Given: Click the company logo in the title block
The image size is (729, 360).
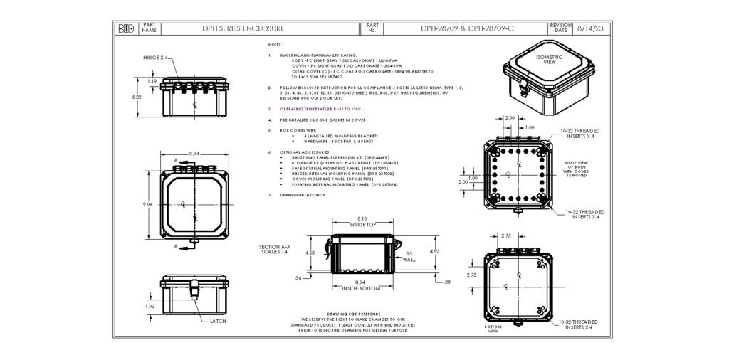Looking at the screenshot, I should tap(126, 29).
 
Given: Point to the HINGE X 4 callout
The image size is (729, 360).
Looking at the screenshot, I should tap(154, 57).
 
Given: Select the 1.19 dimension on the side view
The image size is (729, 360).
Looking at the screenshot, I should tap(152, 82).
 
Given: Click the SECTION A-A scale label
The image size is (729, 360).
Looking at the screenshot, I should tap(275, 249).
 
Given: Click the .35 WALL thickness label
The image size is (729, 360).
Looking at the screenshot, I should tap(408, 256).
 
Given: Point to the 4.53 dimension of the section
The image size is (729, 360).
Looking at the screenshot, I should tap(310, 252).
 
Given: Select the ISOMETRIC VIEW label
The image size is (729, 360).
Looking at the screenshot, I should tap(549, 59).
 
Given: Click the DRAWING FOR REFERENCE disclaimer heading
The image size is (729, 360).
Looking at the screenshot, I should tap(353, 314).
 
